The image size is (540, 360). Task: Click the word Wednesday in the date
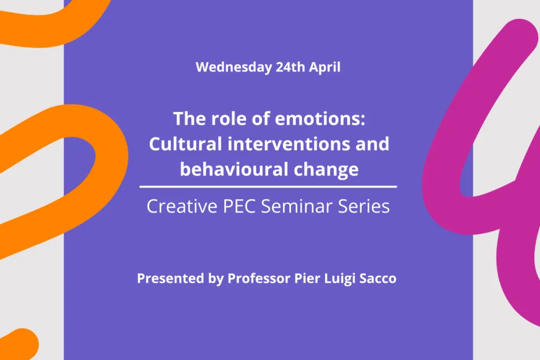[234, 67]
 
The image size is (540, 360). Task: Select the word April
[325, 67]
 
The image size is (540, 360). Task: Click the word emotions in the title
[320, 118]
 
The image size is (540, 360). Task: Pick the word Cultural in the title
[185, 143]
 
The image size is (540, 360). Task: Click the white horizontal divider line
[268, 187]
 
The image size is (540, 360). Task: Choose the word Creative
[182, 206]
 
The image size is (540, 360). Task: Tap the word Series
[363, 206]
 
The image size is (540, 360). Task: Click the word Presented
[171, 278]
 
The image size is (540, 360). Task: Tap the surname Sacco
[378, 278]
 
